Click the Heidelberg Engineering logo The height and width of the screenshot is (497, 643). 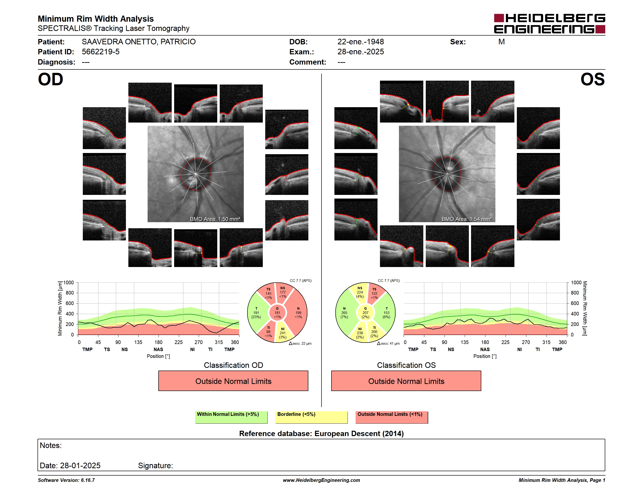coord(549,24)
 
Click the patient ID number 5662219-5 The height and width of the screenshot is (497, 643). coord(101,52)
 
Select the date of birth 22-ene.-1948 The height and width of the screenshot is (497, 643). coord(361,42)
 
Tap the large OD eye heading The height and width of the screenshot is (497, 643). coord(51,79)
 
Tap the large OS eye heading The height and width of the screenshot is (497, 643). coord(592,79)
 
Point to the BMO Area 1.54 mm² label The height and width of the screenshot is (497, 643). coord(467,219)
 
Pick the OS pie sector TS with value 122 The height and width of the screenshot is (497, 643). coord(375,293)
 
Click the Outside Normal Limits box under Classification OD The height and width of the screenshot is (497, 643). coord(233,381)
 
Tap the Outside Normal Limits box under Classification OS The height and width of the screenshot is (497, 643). coord(406,381)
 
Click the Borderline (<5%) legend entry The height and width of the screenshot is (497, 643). coord(311,417)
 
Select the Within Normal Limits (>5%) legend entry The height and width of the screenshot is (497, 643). coord(231,417)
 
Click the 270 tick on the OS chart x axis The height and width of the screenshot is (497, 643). coord(526,342)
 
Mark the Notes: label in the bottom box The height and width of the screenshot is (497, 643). coord(51,446)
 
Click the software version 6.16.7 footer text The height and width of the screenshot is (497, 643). coord(66,480)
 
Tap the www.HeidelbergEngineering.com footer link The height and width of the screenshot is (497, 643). coord(321,480)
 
